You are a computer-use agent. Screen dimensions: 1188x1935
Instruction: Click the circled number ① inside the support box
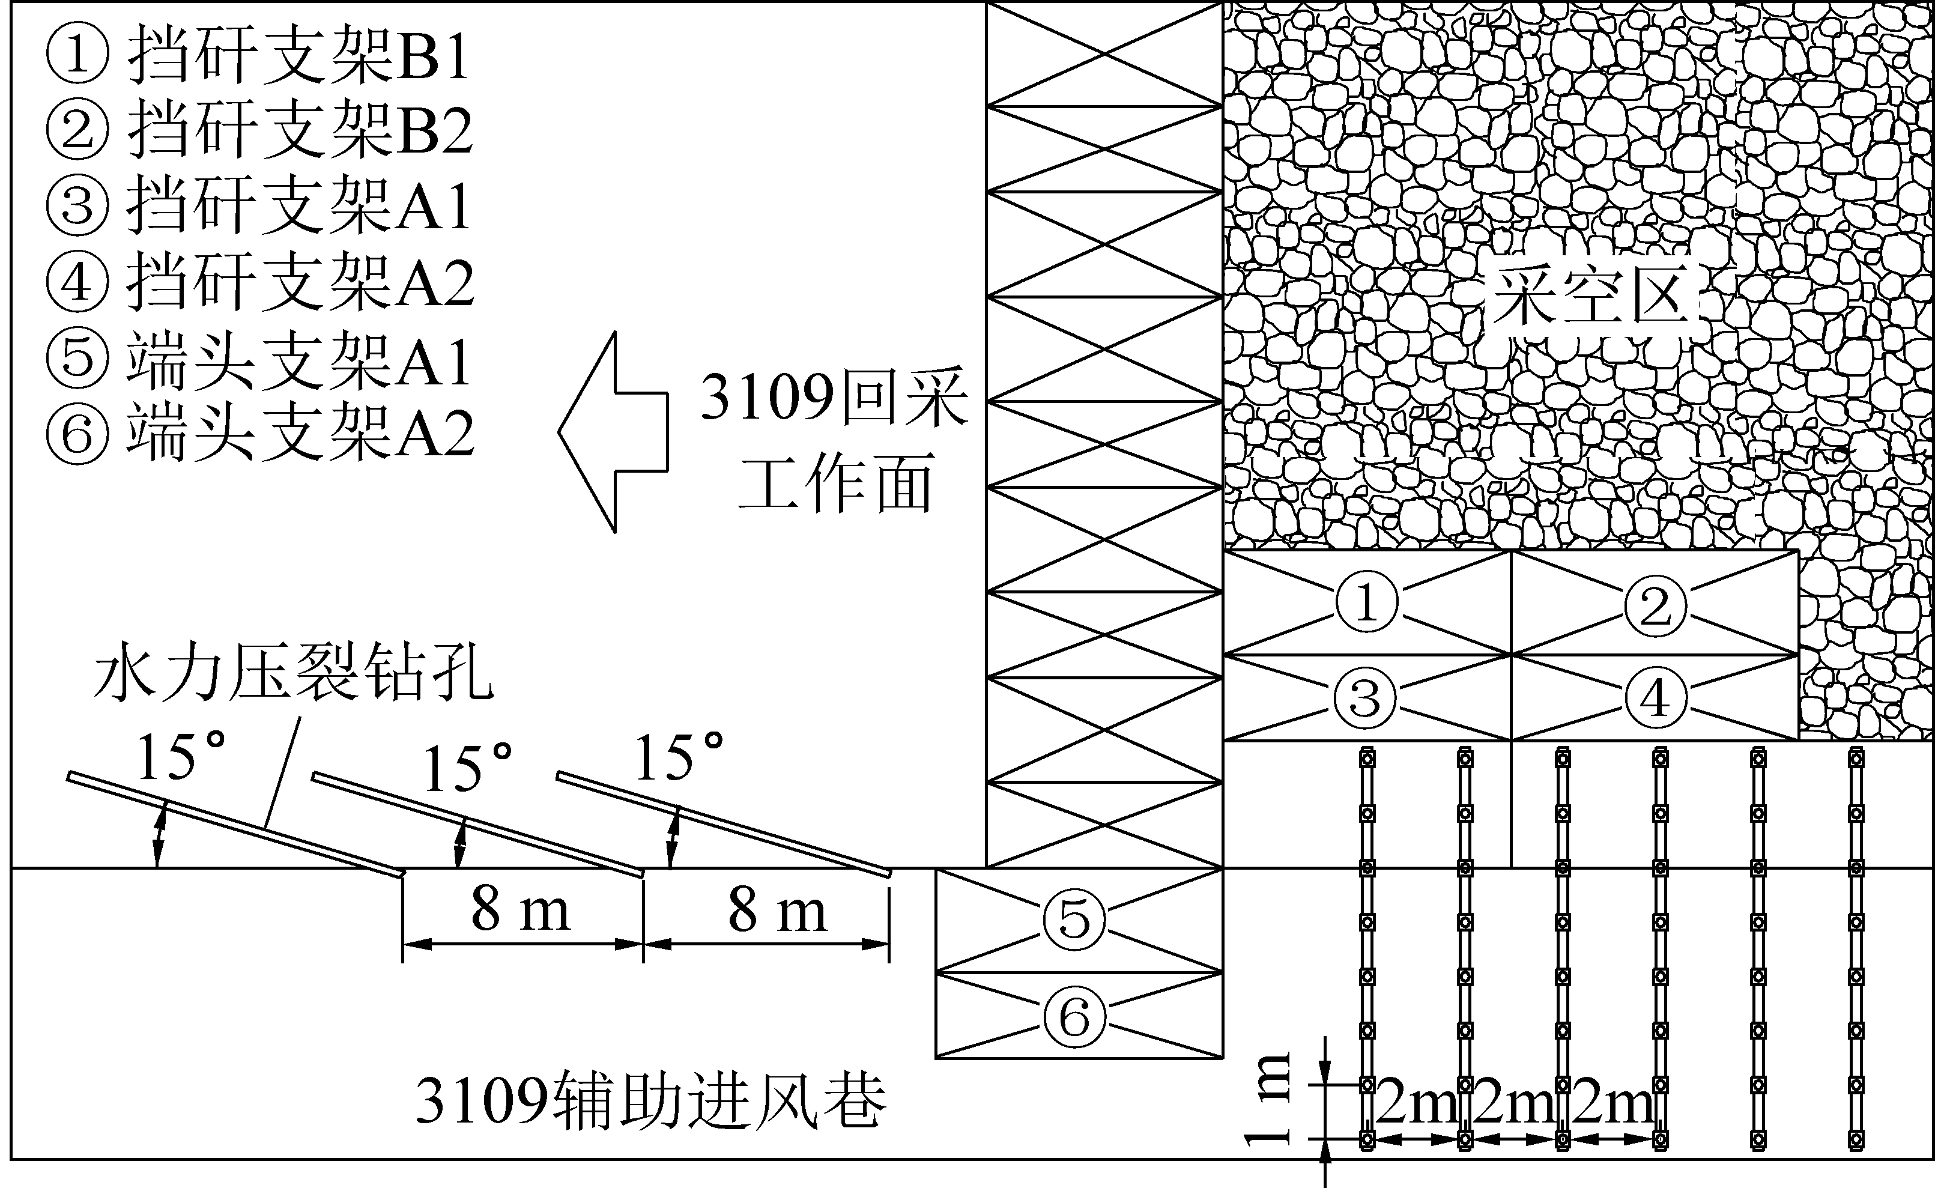click(x=1366, y=602)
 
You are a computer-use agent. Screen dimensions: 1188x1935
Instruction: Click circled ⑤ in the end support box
click(x=1074, y=920)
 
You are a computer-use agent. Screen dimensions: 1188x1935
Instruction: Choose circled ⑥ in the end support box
click(x=1074, y=1017)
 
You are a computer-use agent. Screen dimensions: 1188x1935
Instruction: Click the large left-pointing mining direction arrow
click(x=613, y=432)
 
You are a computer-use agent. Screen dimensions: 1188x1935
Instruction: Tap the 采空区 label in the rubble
click(x=1591, y=296)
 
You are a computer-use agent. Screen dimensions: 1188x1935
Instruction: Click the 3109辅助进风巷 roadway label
click(x=650, y=1100)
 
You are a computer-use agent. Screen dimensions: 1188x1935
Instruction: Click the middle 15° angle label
click(x=467, y=768)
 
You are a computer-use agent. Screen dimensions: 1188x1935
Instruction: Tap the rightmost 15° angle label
click(x=678, y=757)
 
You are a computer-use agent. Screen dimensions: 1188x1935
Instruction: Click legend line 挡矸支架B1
click(x=259, y=55)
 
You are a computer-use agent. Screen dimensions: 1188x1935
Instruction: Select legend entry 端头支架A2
click(x=259, y=432)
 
